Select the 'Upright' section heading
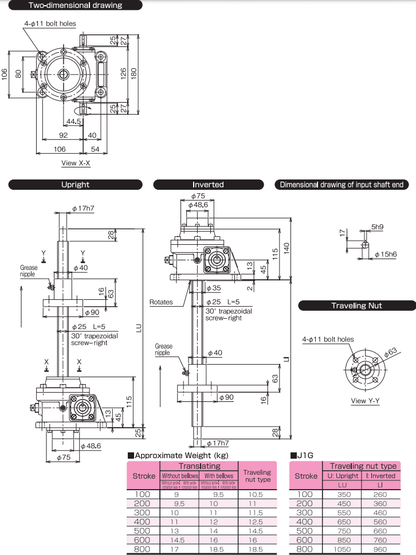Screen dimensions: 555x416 click(75, 185)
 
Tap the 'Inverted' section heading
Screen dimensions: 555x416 click(208, 185)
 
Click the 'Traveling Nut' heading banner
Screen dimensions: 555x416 click(356, 306)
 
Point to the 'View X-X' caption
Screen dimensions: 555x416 click(76, 163)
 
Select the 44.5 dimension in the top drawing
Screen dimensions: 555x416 click(73, 122)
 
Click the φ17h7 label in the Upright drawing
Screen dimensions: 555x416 click(83, 209)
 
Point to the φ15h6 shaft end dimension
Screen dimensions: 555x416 click(386, 253)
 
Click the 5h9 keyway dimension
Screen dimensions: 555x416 click(377, 227)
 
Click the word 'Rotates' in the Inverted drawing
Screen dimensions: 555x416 click(161, 302)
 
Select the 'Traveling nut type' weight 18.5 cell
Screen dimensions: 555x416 click(257, 549)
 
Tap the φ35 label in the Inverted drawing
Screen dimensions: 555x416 click(213, 288)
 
